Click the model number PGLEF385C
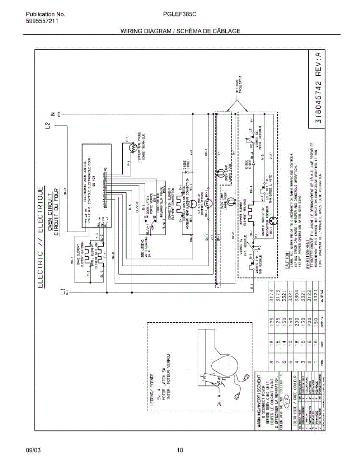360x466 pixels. tap(180, 15)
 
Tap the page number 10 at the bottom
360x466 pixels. tap(180, 450)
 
